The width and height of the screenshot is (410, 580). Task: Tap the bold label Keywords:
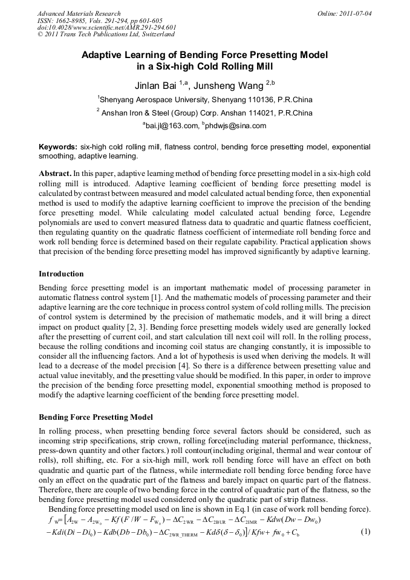click(x=58, y=147)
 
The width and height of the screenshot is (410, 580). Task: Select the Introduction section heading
click(x=61, y=274)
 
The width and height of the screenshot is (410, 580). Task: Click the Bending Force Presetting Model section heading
click(x=96, y=417)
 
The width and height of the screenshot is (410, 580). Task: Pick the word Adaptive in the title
click(x=104, y=54)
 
